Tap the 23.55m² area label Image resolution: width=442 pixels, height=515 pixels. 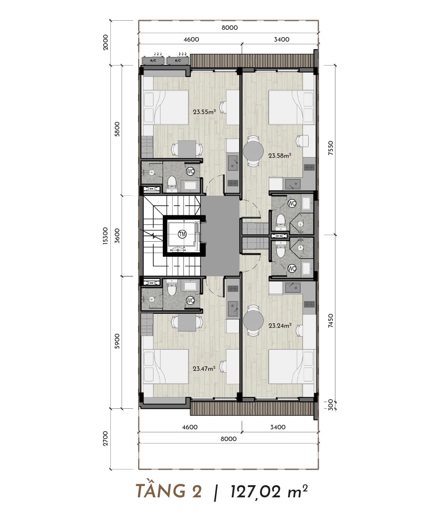coord(204,111)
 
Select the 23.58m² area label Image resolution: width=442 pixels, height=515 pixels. coord(280,156)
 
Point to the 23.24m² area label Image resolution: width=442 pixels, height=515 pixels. coord(280,326)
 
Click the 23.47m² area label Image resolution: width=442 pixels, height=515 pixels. coord(204,368)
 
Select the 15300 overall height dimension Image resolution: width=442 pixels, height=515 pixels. coord(105,236)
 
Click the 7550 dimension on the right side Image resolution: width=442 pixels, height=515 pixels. coord(330,148)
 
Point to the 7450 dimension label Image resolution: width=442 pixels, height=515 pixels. coord(330,321)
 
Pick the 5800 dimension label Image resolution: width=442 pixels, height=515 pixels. coord(117,129)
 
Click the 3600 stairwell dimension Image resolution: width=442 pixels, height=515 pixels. coord(117,236)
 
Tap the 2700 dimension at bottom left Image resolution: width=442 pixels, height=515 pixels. coord(105,438)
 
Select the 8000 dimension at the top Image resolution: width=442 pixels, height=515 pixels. coord(229,28)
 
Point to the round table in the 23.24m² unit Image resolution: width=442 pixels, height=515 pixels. coord(253,321)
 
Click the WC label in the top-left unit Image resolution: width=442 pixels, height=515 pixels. coord(190,171)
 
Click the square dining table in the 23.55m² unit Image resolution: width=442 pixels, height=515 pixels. coord(187,149)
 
